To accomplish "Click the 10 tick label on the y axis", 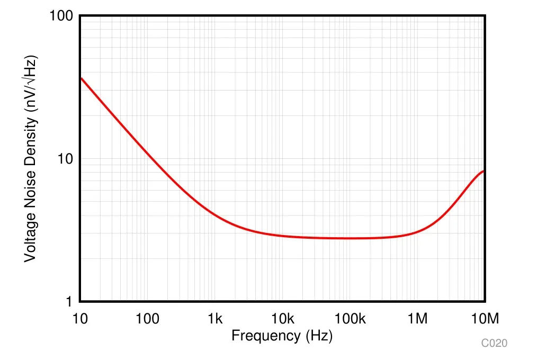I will click(x=66, y=159).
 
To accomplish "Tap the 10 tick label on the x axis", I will click(x=80, y=319).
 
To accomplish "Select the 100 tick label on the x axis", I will click(x=147, y=319).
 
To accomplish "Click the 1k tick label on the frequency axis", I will click(x=215, y=319).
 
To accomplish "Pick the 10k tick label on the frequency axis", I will click(x=282, y=319).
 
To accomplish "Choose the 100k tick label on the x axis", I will click(x=350, y=319).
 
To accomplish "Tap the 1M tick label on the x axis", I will click(x=418, y=319).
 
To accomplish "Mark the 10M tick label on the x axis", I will click(x=485, y=319).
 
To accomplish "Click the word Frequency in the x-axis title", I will click(x=265, y=336).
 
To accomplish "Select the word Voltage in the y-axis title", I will click(x=31, y=236).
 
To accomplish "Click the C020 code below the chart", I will click(x=494, y=344).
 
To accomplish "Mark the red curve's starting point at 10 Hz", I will click(x=80, y=78).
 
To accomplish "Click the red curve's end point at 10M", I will click(x=484, y=171).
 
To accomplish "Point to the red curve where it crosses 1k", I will click(x=215, y=214).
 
